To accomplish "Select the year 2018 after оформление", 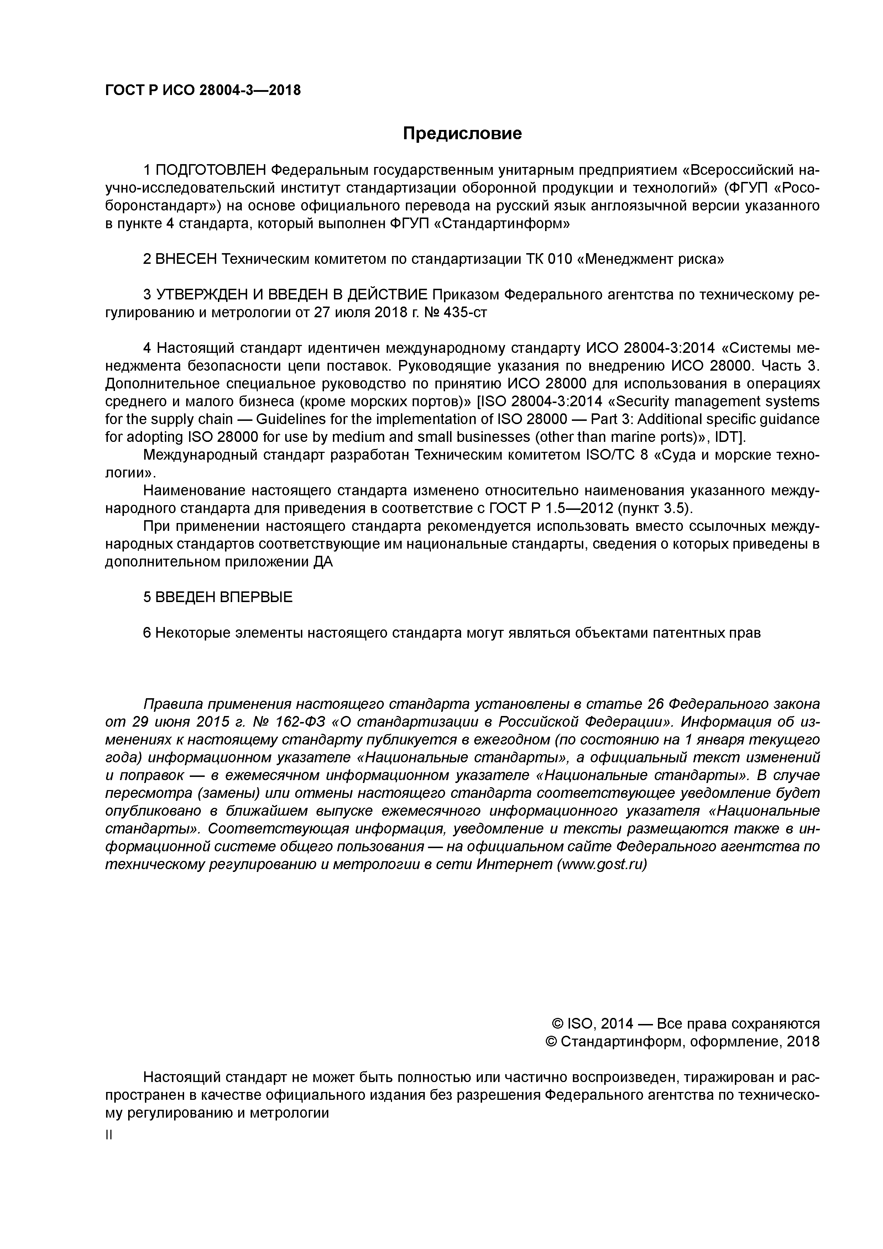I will click(803, 1042).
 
